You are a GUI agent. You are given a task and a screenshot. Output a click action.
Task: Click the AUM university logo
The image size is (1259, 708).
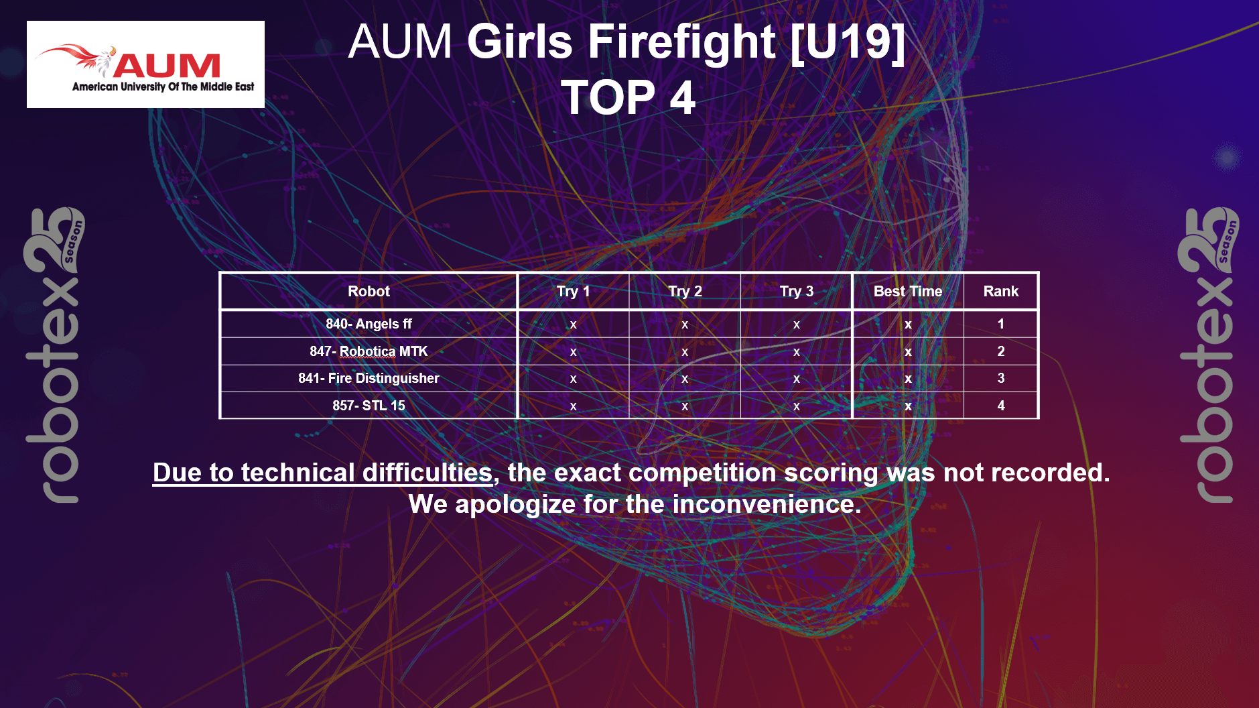point(145,64)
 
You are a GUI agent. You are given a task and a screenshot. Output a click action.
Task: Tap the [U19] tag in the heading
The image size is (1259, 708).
point(848,42)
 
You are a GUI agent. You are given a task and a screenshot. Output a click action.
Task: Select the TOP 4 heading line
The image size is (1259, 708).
point(628,97)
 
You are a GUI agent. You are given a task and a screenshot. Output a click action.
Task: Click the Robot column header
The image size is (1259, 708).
point(369,291)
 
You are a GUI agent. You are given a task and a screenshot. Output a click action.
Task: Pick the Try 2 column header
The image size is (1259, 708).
point(685,291)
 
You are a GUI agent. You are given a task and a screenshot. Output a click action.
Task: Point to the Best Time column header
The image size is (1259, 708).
point(908,291)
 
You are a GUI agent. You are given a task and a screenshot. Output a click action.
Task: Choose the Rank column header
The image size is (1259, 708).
point(1000,291)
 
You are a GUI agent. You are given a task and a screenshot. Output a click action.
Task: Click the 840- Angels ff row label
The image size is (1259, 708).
point(369,324)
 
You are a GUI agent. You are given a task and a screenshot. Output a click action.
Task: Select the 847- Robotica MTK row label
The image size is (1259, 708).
point(369,351)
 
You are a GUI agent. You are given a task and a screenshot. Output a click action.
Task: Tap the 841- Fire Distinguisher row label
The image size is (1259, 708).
point(369,378)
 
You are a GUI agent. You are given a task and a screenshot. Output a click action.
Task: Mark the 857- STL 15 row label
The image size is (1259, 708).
point(369,406)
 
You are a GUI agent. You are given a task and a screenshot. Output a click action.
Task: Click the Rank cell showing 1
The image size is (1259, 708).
point(1001,324)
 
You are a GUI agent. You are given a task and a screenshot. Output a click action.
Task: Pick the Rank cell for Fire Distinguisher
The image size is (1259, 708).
point(1001,378)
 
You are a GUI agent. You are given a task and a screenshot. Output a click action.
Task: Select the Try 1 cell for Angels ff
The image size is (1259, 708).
point(573,324)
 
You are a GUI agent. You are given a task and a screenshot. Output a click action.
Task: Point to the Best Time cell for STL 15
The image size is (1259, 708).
point(908,406)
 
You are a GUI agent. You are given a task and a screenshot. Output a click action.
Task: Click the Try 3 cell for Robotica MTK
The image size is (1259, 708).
point(797,352)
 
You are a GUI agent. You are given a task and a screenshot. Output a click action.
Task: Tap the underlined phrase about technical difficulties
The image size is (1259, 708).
point(323,473)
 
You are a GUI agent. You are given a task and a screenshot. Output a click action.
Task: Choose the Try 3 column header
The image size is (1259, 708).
point(797,291)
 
